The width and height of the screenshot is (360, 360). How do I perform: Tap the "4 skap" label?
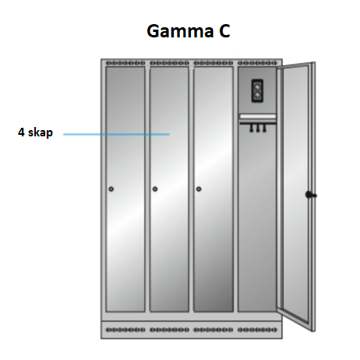tap(35, 132)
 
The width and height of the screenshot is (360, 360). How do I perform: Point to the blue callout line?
tap(116, 134)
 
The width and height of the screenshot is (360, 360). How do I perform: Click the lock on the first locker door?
tap(111, 189)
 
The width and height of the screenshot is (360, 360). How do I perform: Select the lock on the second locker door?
tap(155, 189)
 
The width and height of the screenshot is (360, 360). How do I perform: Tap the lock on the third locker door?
tap(199, 189)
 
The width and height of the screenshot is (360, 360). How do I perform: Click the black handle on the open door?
tap(310, 195)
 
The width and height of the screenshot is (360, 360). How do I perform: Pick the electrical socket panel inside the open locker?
tap(257, 91)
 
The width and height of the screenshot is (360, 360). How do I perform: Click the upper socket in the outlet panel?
tap(257, 86)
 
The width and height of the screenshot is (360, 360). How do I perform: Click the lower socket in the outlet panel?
tap(257, 96)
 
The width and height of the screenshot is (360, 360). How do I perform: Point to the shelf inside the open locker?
tap(257, 117)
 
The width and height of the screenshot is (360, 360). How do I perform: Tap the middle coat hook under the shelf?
tap(258, 129)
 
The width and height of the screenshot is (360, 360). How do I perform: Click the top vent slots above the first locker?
tap(125, 63)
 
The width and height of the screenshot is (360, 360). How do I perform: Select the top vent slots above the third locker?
tap(214, 63)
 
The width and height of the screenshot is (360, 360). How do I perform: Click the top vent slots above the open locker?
tap(257, 63)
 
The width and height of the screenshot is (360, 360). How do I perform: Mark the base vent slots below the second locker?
tap(169, 330)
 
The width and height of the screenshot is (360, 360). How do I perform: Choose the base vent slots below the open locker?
tap(257, 330)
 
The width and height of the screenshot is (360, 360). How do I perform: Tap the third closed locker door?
tap(214, 189)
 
